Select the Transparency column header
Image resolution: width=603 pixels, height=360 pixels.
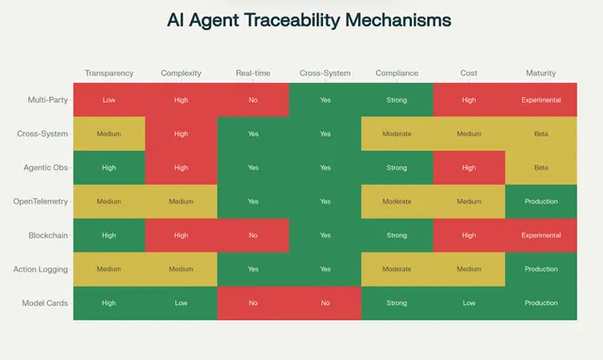coord(109,73)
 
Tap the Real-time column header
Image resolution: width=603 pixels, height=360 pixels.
coord(253,73)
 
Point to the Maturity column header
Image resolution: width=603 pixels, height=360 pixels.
coord(541,73)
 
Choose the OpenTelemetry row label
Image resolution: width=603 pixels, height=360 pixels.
coord(41,201)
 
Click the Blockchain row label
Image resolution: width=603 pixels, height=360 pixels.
coord(46,235)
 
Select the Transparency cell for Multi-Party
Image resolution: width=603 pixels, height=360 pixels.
coord(109,100)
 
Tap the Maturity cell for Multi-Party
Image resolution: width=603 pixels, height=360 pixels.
coord(541,100)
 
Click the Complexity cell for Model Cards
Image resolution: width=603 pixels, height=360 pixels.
coord(181,303)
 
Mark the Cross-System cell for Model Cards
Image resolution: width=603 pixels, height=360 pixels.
coord(325,303)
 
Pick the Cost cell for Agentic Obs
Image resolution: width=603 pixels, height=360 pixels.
coord(469,168)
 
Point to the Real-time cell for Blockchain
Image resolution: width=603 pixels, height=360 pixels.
coord(253,235)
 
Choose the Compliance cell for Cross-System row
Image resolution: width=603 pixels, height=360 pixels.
coord(397,134)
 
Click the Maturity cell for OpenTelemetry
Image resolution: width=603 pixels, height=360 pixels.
coord(541,201)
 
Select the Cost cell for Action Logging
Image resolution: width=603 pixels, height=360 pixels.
coord(469,269)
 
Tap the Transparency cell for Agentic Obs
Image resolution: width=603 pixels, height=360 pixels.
coord(109,168)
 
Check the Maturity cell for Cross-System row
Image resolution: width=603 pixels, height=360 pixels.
coord(541,134)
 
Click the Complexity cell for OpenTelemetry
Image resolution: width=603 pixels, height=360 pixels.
coord(181,201)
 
